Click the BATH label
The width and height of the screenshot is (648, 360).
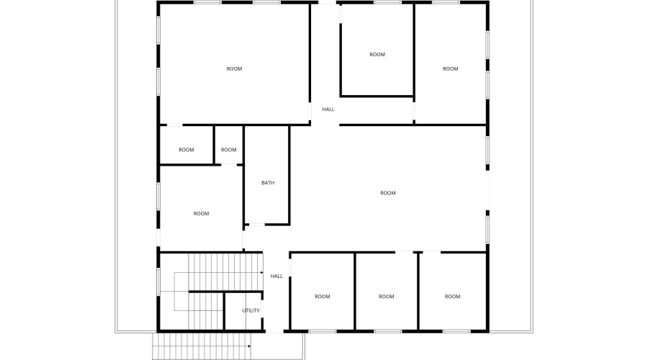click(268, 183)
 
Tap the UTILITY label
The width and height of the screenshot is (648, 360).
click(251, 310)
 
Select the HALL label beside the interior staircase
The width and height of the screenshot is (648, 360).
click(276, 276)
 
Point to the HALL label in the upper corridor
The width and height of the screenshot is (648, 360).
click(328, 109)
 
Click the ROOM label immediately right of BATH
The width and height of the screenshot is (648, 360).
click(388, 193)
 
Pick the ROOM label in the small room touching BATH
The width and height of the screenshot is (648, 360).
click(229, 150)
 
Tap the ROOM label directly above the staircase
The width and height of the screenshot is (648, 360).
click(201, 213)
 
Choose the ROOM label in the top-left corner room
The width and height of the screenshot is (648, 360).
click(234, 69)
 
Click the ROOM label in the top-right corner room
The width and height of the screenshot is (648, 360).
click(451, 69)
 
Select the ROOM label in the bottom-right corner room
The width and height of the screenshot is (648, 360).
click(452, 297)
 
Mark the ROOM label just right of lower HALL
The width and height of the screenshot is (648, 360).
click(323, 297)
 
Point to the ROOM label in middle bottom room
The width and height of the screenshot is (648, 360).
click(387, 297)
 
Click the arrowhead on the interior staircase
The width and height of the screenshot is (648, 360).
click(261, 273)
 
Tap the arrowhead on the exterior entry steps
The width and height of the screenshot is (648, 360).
click(249, 346)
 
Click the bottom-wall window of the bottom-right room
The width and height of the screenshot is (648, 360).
click(455, 330)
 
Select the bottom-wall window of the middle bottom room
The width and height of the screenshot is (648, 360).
click(387, 330)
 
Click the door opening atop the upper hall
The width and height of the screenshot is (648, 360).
click(328, 4)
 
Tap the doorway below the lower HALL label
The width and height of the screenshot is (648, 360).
click(275, 330)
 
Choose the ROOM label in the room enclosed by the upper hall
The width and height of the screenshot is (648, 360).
click(377, 55)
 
